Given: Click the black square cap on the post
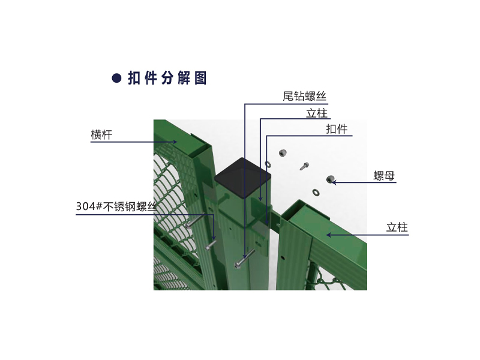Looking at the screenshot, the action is tap(243, 177).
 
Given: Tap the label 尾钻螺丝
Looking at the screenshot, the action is tap(304, 96).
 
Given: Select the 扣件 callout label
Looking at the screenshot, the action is tap(337, 129).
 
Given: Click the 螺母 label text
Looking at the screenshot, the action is tap(384, 176).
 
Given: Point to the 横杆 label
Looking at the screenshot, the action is tap(101, 134).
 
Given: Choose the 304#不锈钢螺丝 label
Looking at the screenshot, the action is tap(116, 206).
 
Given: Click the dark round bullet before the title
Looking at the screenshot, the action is tap(116, 78).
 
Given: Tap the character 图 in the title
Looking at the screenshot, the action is tap(200, 78).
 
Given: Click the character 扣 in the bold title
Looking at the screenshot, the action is tap(134, 78).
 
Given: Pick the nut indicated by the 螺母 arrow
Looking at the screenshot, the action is tap(330, 179).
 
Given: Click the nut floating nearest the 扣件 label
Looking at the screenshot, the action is tap(283, 152).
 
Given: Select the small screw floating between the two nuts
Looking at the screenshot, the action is tap(304, 166).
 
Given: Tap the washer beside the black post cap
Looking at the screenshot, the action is tap(268, 164).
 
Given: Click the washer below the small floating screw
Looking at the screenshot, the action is tap(316, 193).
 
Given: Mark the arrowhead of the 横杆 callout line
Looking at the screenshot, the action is tap(175, 142).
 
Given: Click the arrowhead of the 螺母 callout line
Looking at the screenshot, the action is tap(334, 182).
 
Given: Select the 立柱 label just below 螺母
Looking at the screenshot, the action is tap(397, 227).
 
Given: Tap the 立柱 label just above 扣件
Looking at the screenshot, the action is tap(317, 113).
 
